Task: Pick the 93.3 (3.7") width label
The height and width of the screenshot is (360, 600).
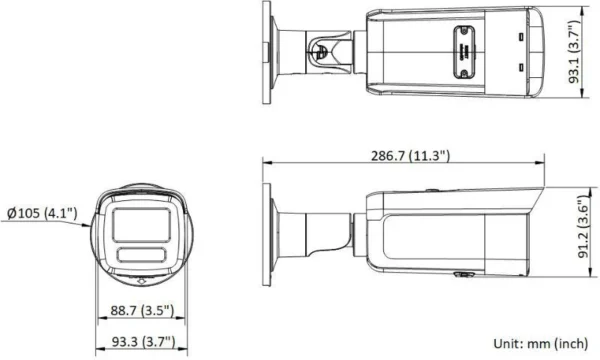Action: [x=136, y=340]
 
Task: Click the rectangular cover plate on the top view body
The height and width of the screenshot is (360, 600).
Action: [x=463, y=47]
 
